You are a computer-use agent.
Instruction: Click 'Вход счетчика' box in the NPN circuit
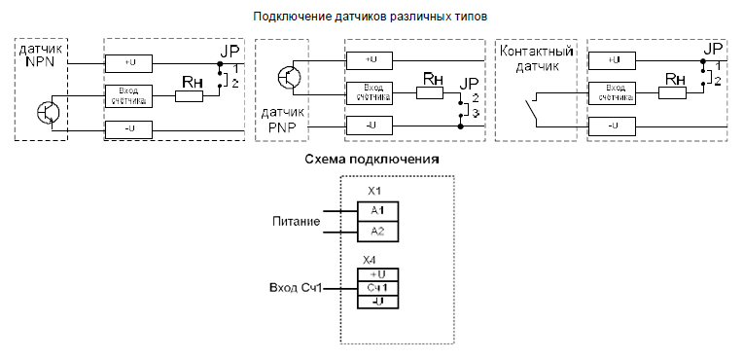129,94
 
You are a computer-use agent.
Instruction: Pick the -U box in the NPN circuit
129,127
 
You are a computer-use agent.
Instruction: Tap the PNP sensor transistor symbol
289,75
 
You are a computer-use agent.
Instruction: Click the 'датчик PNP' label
284,120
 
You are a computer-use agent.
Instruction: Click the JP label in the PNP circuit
470,82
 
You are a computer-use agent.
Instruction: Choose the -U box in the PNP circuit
370,126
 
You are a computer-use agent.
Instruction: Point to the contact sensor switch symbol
533,109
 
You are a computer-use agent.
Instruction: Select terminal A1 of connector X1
377,210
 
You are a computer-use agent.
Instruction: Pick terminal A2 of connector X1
377,231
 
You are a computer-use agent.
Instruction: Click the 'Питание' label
296,221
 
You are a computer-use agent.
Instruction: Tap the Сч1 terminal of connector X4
378,288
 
